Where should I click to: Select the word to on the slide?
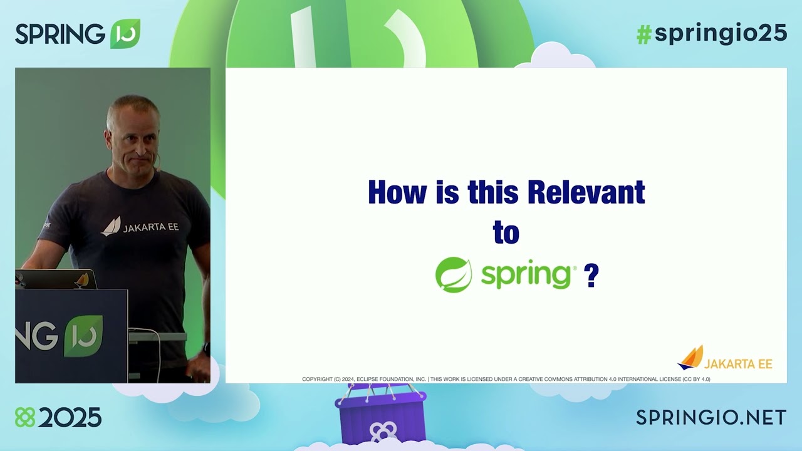[506, 233]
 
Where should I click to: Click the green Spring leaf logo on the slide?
[454, 275]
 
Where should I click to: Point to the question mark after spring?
[591, 275]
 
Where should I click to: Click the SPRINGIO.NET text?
[711, 417]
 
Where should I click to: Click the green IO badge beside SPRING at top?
[125, 34]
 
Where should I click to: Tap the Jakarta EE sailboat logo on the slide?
[690, 358]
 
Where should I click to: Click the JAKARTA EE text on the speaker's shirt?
[150, 227]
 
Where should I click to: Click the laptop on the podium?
[56, 279]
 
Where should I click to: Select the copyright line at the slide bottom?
[506, 379]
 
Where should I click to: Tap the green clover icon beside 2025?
[25, 417]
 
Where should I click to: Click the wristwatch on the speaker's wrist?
[206, 348]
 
